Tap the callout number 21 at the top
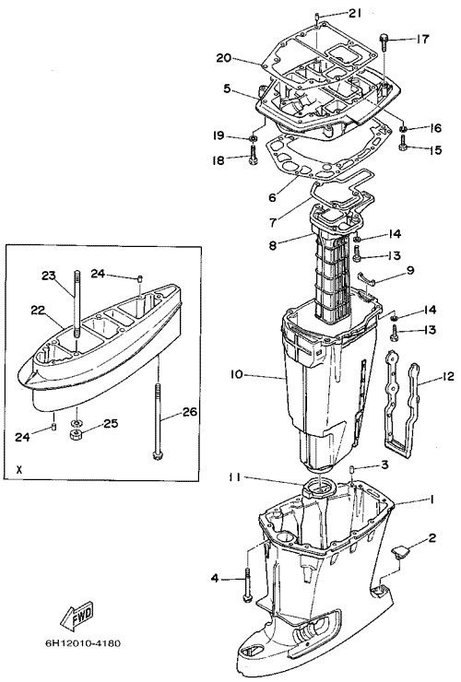pos(354,14)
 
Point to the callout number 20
pos(224,58)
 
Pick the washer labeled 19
pos(252,138)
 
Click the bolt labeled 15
pos(403,143)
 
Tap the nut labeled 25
pos(76,434)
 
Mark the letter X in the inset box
pos(18,470)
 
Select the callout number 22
pos(39,310)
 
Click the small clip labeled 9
pos(365,277)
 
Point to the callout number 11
pos(235,477)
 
